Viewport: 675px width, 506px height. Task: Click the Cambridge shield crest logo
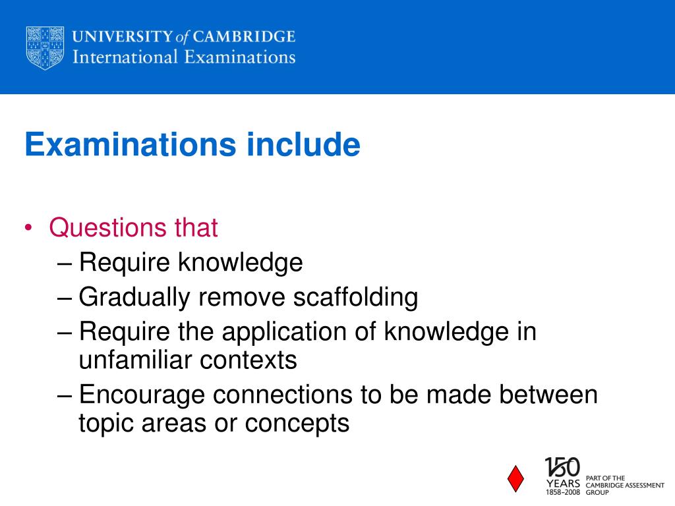coord(45,48)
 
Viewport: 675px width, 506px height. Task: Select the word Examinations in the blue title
coord(130,144)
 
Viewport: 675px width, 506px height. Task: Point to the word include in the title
coord(304,144)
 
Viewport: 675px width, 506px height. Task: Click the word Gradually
coord(134,298)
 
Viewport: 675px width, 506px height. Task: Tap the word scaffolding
coord(355,298)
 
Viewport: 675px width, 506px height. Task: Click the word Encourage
coord(142,395)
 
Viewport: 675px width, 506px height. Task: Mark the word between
coord(548,395)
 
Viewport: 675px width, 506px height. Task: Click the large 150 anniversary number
coord(562,468)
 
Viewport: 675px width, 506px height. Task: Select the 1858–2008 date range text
coord(562,492)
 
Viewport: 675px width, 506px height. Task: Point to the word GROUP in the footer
coord(597,492)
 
